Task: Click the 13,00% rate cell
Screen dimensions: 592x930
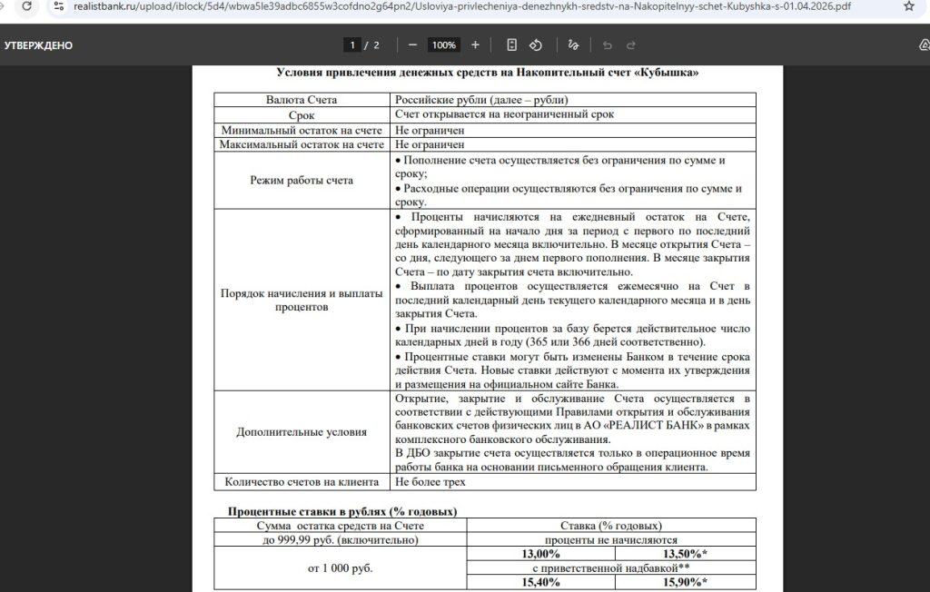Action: (x=541, y=554)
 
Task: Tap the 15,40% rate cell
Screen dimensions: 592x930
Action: (x=541, y=583)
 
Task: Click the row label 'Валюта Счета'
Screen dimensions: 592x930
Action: (x=302, y=100)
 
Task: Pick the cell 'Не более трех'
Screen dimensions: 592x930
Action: (x=430, y=482)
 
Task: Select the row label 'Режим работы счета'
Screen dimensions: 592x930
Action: (x=302, y=181)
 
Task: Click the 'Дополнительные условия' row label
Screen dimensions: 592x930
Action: (x=302, y=431)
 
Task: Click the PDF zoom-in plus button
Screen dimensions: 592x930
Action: (x=475, y=44)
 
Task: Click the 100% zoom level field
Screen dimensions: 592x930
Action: (x=444, y=44)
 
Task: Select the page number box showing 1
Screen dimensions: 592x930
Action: (x=351, y=44)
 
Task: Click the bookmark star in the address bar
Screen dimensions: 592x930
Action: (x=909, y=6)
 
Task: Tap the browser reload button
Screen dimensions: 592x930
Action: (x=27, y=6)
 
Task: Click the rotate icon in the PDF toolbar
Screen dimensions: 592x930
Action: (x=536, y=44)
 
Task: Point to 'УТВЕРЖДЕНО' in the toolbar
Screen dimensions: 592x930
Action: (x=38, y=45)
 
